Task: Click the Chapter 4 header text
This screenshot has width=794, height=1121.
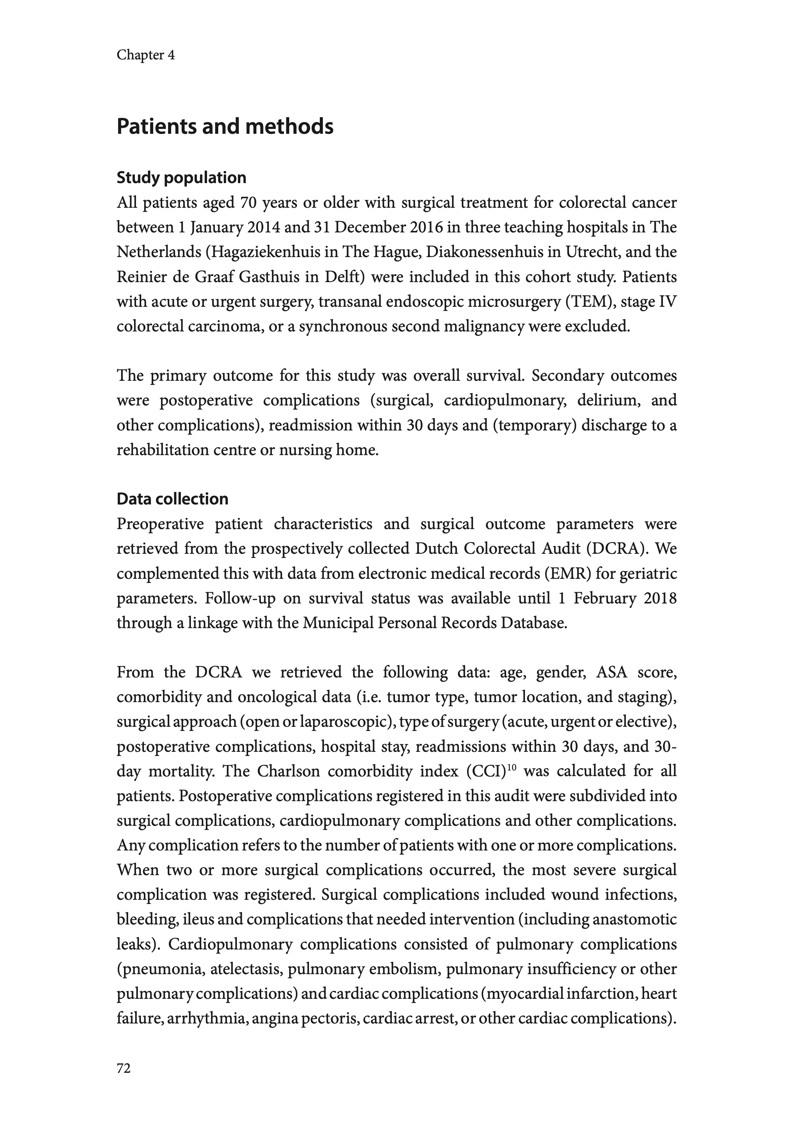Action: [145, 55]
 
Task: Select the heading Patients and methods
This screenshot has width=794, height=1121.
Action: [225, 127]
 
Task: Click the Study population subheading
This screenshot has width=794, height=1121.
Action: [181, 177]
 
